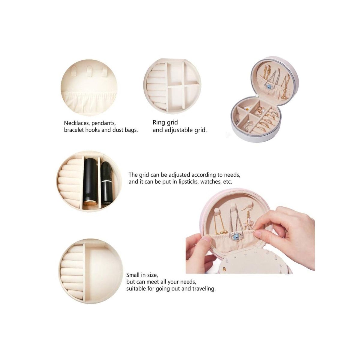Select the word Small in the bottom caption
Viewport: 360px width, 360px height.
click(x=133, y=275)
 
